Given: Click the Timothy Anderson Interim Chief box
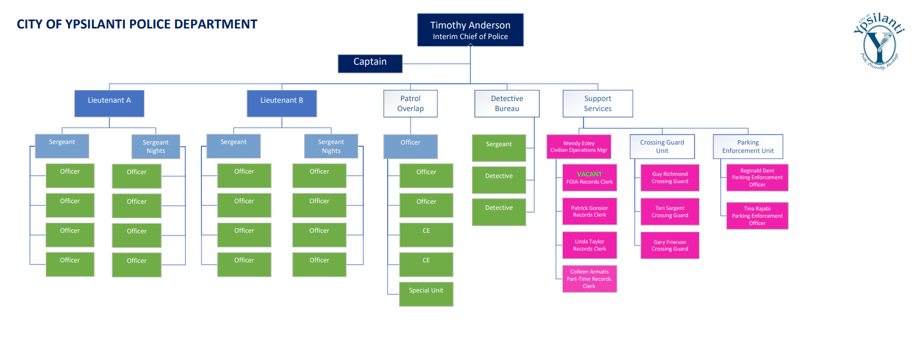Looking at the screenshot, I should click(470, 30).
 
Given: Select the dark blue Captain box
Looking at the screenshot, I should click(370, 63).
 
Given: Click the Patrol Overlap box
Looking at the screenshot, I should click(410, 104).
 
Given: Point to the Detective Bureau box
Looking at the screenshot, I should click(507, 104).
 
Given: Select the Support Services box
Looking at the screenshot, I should click(597, 104).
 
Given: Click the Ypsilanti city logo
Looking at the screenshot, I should click(879, 42).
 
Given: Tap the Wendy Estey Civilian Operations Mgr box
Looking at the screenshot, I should click(578, 147).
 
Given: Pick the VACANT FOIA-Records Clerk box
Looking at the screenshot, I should click(590, 177).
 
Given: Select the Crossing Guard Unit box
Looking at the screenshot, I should click(662, 147).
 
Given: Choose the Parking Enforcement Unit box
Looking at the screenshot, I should click(748, 147).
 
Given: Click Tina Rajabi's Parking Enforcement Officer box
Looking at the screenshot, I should click(757, 216).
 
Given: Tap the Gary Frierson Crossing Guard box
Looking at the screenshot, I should click(669, 246).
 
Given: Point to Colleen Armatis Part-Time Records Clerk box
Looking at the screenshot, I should click(590, 279).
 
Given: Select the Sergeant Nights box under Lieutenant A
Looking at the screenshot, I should click(156, 147).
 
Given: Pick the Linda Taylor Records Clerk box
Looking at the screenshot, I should click(590, 245).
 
